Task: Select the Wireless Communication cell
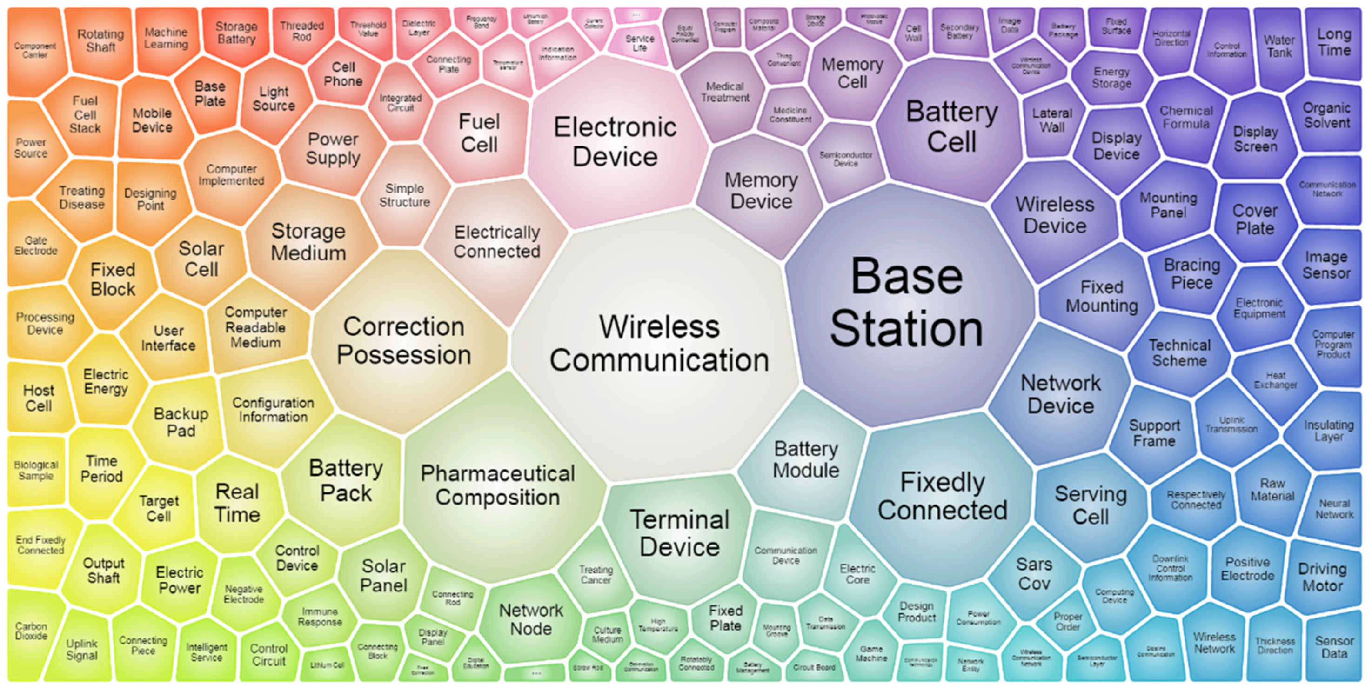[659, 343]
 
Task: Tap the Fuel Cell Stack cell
[85, 114]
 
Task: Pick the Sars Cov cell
[1034, 574]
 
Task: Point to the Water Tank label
[1279, 47]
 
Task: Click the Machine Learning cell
[166, 38]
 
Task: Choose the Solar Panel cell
[383, 576]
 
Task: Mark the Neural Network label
[1334, 509]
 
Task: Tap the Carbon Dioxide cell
[31, 631]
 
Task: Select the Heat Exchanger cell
[1276, 380]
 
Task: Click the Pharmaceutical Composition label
[497, 485]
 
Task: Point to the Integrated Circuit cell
[400, 103]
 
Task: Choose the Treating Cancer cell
[596, 575]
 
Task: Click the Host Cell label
[38, 398]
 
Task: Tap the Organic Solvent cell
[1326, 115]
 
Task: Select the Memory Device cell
[761, 191]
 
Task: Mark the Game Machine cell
[871, 654]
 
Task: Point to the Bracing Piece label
[1191, 273]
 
